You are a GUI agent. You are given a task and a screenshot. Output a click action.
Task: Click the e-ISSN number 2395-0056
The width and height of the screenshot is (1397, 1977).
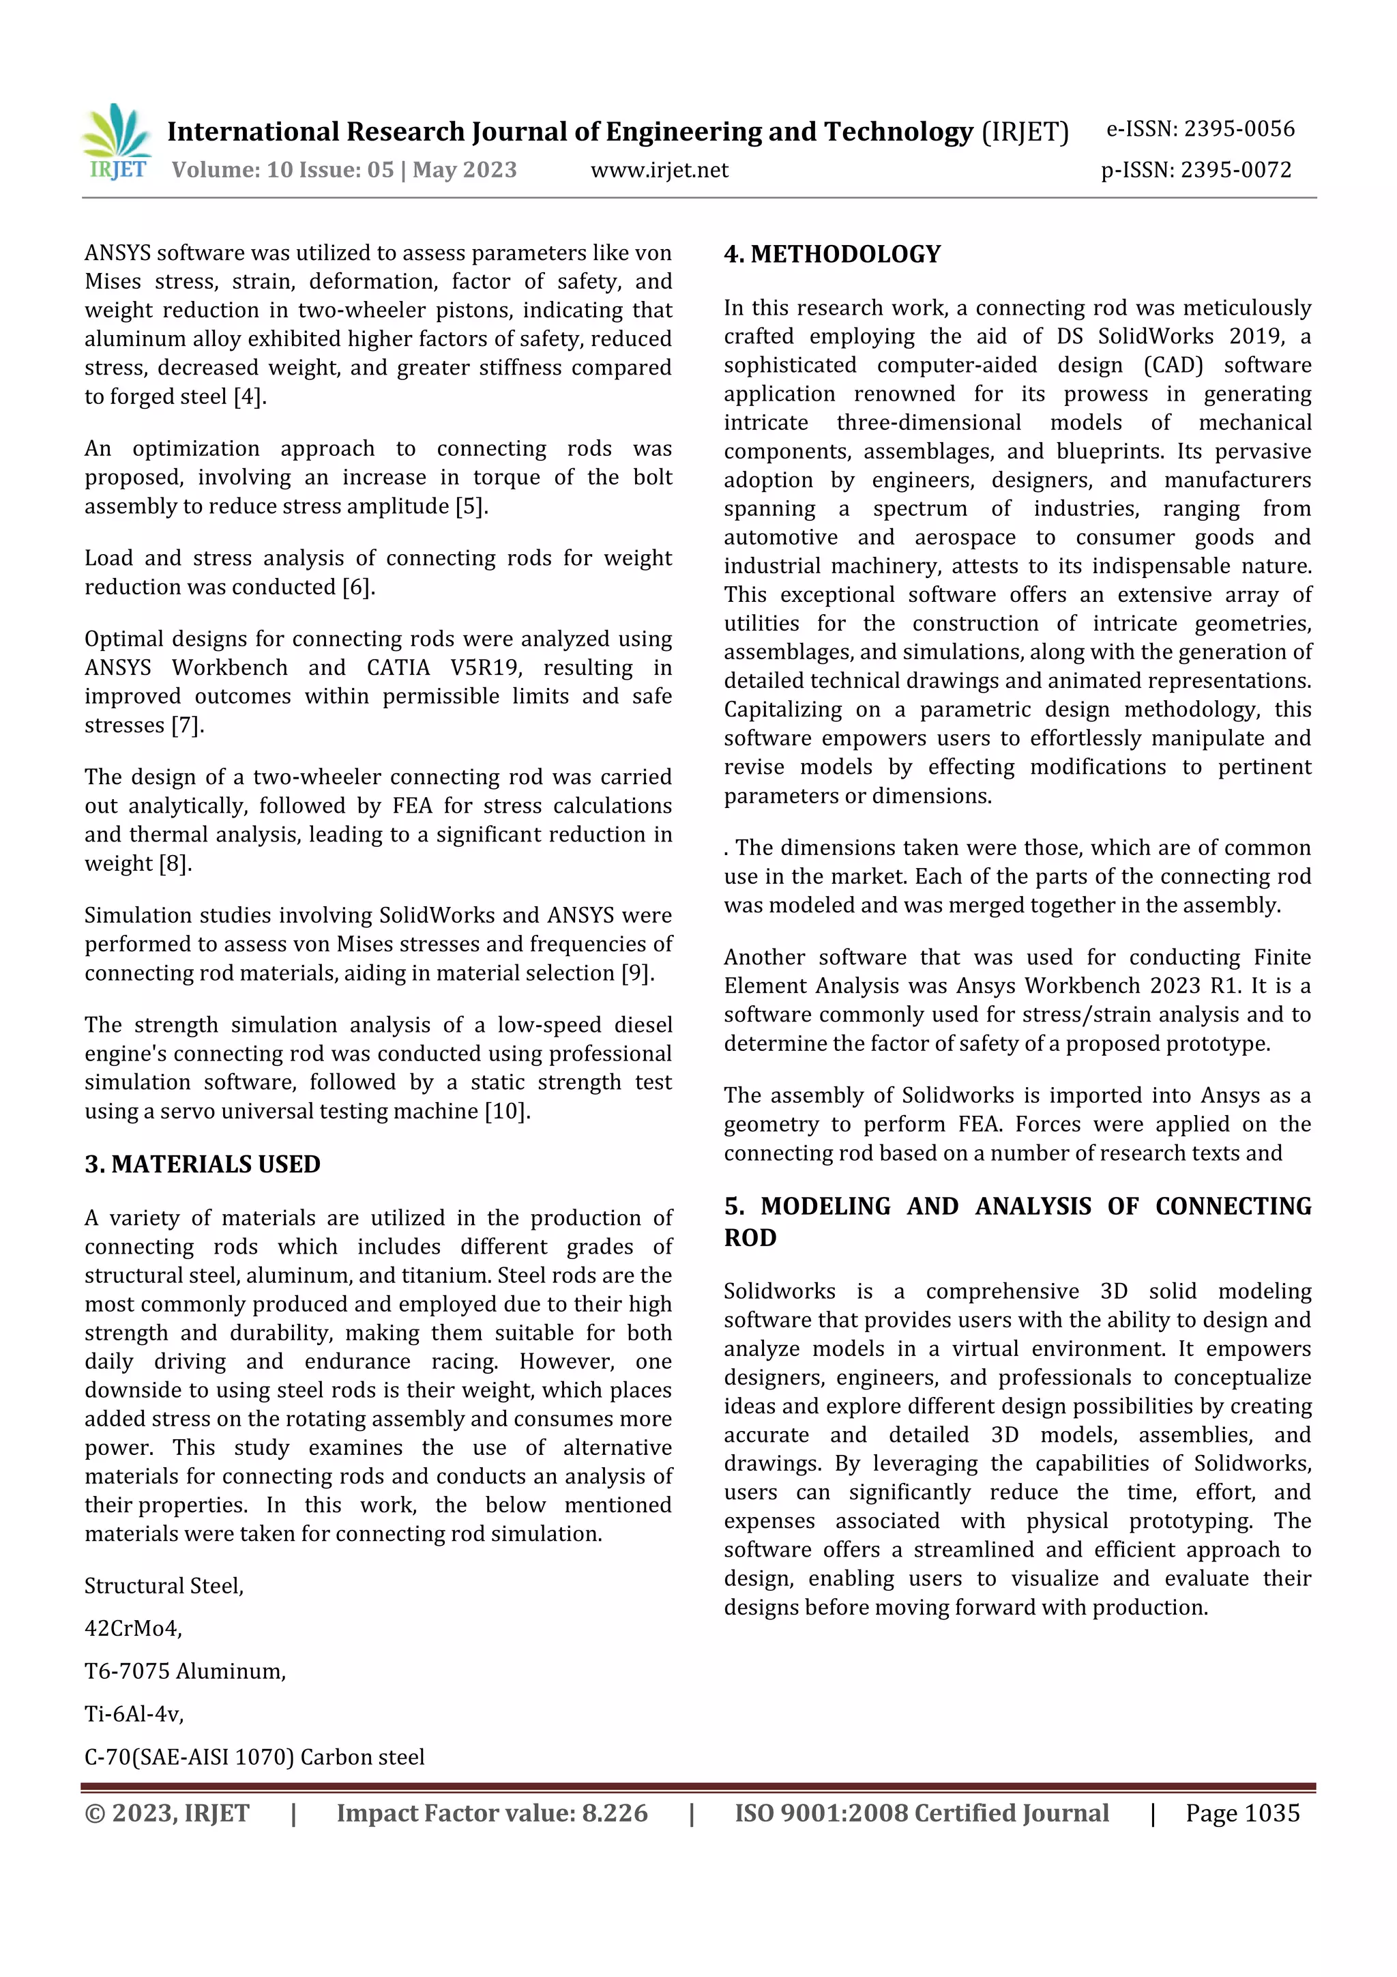(1239, 129)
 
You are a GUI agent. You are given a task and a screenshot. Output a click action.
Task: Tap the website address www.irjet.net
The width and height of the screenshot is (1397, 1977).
(660, 170)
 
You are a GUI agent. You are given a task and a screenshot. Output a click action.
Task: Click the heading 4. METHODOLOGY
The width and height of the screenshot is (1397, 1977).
(832, 254)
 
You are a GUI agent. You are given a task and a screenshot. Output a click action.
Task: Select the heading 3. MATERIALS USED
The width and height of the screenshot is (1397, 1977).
(203, 1164)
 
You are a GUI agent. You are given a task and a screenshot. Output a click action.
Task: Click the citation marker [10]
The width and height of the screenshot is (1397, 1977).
(507, 1112)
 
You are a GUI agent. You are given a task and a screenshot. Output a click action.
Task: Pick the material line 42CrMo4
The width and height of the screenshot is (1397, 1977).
(134, 1628)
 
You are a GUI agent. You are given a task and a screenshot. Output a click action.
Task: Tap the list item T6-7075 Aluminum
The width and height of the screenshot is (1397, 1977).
(185, 1671)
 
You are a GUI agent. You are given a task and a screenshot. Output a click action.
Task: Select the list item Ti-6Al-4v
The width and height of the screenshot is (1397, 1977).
(134, 1714)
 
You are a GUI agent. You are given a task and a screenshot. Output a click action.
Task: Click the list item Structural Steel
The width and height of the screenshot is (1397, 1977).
(164, 1586)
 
